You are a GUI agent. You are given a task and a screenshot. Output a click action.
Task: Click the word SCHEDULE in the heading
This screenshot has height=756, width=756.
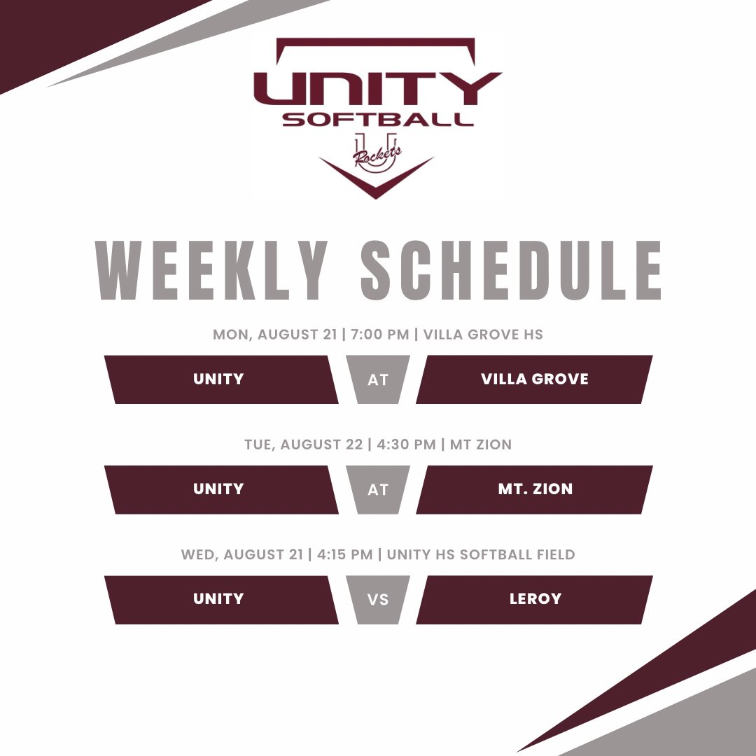click(511, 272)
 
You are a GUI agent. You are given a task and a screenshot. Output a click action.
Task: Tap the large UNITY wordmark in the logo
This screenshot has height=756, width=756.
click(377, 89)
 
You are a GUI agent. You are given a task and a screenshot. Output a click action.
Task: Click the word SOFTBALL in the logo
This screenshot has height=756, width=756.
click(377, 119)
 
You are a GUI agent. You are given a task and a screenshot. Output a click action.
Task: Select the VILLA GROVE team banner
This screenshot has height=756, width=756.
click(534, 379)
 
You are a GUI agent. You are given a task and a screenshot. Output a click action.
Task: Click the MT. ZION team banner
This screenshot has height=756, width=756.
click(534, 489)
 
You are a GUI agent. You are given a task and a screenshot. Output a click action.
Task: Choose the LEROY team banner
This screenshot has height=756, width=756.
click(534, 599)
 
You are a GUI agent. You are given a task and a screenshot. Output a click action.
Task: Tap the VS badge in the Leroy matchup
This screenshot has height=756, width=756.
click(377, 600)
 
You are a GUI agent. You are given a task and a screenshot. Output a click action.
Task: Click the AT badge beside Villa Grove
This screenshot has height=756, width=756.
click(377, 380)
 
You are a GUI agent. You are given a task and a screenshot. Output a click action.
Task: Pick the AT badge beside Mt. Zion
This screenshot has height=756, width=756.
click(377, 490)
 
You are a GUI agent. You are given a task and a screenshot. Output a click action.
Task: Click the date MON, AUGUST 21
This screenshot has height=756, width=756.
click(275, 335)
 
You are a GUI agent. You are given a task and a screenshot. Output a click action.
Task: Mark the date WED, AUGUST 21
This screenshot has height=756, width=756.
click(241, 555)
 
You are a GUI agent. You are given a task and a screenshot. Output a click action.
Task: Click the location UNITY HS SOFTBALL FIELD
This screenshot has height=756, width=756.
click(481, 555)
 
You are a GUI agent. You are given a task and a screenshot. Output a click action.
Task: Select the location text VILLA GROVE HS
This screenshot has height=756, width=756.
click(483, 335)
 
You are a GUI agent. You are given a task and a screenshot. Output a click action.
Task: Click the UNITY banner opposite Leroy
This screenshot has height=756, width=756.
click(218, 599)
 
